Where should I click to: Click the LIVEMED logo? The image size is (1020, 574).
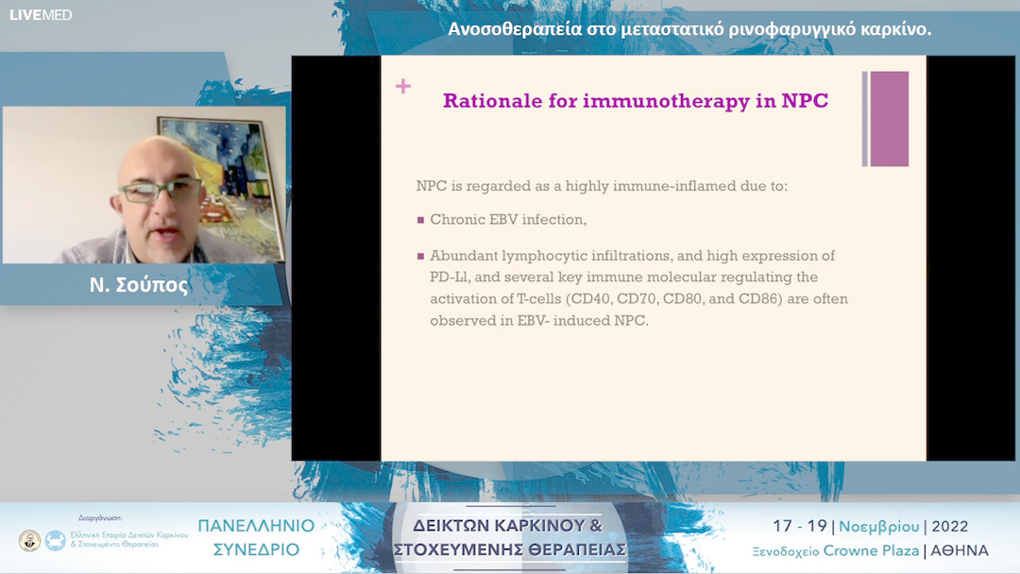41,15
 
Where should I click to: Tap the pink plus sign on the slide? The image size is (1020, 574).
403,86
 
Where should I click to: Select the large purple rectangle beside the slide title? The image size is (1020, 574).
889,119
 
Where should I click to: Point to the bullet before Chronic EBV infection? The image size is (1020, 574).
421,220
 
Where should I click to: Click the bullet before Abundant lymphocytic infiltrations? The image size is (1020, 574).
421,256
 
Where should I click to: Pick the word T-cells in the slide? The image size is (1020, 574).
536,299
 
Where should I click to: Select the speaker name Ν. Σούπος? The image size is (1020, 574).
139,285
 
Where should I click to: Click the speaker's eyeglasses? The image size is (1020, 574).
161,190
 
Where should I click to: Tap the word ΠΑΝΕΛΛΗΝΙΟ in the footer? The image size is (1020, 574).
256,526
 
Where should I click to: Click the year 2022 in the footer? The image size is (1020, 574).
950,527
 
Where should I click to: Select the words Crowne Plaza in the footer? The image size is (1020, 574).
871,550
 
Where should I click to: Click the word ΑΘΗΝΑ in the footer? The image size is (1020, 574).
960,551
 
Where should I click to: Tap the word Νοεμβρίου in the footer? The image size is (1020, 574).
879,527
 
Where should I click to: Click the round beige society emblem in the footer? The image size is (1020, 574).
29,540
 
